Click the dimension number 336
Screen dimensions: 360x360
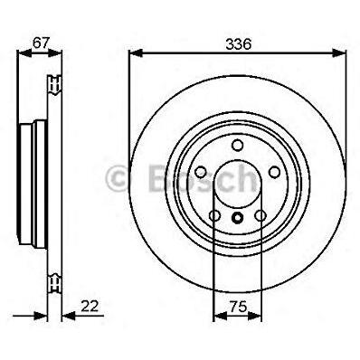tap(239, 44)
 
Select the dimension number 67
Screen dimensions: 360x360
tap(41, 43)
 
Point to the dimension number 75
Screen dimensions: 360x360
tap(239, 307)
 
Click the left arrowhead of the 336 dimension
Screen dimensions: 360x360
tap(136, 53)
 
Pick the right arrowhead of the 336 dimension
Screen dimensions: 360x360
tap(339, 53)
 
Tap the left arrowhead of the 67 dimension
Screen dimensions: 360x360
tap(24, 53)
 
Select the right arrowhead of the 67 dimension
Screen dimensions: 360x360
tap(54, 53)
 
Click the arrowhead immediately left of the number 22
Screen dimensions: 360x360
tap(68, 316)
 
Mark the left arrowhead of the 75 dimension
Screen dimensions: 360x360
tap(220, 316)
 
